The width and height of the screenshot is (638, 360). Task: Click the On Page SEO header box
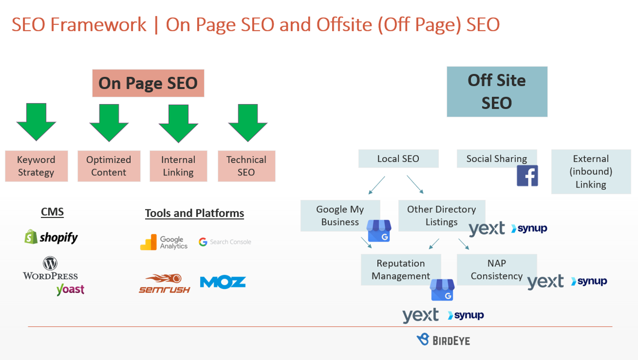[148, 83]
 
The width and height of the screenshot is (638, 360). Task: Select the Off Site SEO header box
[497, 91]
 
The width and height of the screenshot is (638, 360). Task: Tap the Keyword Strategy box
[36, 166]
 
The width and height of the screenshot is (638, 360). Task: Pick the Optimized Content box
[109, 166]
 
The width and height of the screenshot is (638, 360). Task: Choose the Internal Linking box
[178, 166]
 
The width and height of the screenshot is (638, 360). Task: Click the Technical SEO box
[246, 166]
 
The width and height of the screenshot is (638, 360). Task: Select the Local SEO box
[398, 158]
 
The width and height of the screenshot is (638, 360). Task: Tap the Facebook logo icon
[527, 176]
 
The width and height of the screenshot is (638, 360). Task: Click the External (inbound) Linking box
[591, 171]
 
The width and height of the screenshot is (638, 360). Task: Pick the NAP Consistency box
[496, 269]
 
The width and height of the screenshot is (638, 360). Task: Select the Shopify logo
[52, 237]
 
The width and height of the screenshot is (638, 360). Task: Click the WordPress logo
[50, 268]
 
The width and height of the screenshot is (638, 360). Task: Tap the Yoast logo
[70, 289]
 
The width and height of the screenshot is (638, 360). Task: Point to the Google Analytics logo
[164, 242]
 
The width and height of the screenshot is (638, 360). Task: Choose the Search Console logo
[225, 242]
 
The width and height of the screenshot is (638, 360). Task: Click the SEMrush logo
[164, 283]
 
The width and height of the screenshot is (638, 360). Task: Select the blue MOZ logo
[223, 282]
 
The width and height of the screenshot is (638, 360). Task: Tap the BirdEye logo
[443, 340]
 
